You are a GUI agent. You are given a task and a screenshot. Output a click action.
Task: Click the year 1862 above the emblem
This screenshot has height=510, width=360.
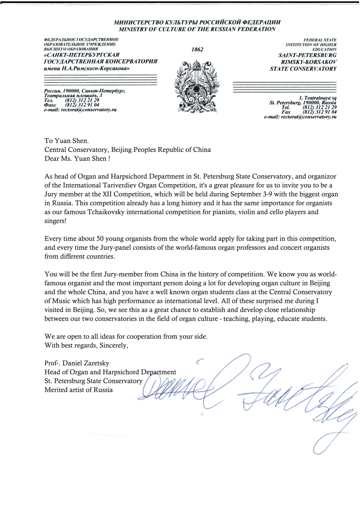click(197, 49)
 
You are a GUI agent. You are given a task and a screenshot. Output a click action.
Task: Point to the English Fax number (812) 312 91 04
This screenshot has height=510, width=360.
click(320, 112)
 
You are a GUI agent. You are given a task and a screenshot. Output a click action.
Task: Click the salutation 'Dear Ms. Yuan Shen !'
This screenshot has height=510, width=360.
click(78, 158)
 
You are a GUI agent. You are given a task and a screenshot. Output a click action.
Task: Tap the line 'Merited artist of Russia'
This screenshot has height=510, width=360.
click(79, 390)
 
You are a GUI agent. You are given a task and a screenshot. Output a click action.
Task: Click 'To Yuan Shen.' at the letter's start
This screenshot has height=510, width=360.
click(66, 141)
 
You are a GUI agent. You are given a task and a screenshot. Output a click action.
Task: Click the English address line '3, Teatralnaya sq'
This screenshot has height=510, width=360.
click(318, 98)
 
